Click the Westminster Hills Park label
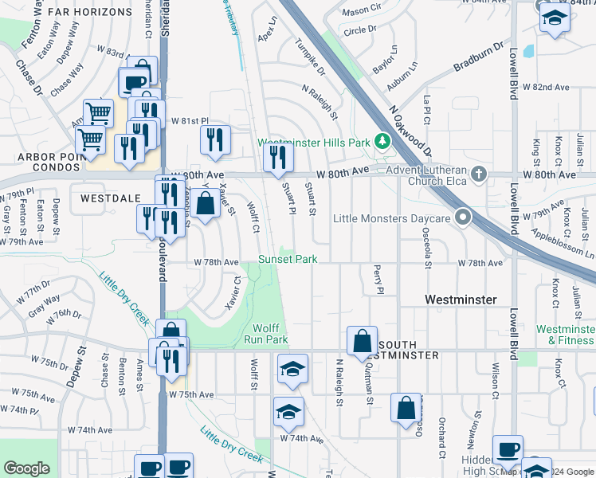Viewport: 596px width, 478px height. point(314,143)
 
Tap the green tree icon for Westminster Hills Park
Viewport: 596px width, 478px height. point(382,142)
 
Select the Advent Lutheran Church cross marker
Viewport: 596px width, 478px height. point(478,174)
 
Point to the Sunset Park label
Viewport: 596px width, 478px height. point(287,260)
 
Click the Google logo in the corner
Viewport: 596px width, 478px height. point(26,468)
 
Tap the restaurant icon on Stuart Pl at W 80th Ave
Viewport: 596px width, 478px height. point(278,155)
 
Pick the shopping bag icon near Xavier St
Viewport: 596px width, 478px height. point(206,202)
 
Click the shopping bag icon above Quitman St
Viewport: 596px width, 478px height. point(362,340)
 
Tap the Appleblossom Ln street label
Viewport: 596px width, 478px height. point(567,244)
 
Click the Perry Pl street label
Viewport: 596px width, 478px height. point(379,280)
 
